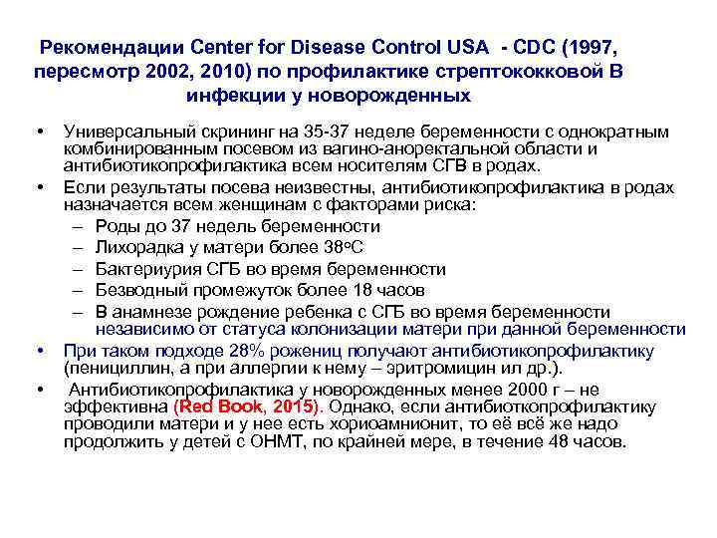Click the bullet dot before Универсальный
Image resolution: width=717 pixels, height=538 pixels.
point(37,133)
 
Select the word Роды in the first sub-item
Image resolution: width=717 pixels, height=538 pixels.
point(117,227)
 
